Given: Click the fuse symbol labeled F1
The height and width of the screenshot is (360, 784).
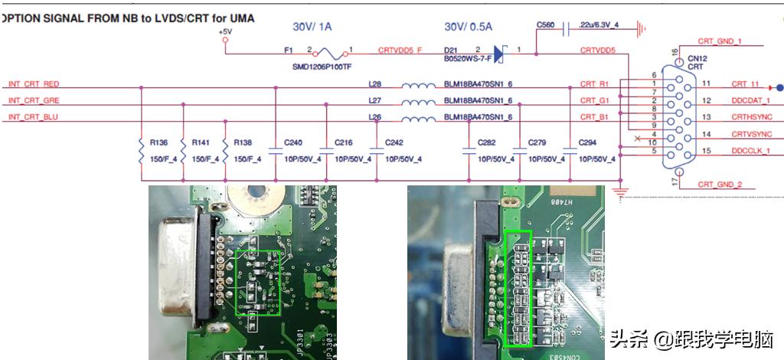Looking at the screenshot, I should click(330, 54).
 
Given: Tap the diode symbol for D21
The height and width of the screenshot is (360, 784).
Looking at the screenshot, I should click(498, 54).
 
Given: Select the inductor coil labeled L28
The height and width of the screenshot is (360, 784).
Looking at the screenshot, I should click(418, 84).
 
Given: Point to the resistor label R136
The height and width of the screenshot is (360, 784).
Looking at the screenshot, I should click(158, 142).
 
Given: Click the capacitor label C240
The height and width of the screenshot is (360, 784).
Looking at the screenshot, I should click(293, 142).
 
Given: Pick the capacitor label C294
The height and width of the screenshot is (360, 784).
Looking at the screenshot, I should click(588, 142).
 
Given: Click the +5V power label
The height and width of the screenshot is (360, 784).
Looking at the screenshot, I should click(224, 32).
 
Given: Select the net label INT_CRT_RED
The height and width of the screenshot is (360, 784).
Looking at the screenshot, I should click(34, 84).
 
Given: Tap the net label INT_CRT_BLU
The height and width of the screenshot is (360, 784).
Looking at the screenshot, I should click(34, 117).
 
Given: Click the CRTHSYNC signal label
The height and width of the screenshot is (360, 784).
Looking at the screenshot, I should click(751, 117).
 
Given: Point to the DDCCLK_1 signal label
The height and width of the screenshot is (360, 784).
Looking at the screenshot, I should click(750, 151).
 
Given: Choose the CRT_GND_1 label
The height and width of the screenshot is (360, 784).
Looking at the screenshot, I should click(720, 41).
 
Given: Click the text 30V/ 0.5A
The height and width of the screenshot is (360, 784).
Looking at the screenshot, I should click(469, 27).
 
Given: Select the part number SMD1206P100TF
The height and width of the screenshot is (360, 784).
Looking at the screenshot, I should click(322, 67).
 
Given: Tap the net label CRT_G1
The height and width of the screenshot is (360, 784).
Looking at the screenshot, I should click(594, 100).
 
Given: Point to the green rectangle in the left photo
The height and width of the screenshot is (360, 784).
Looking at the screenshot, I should click(258, 281).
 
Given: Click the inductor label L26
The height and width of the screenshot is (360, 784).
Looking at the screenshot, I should click(374, 117).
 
